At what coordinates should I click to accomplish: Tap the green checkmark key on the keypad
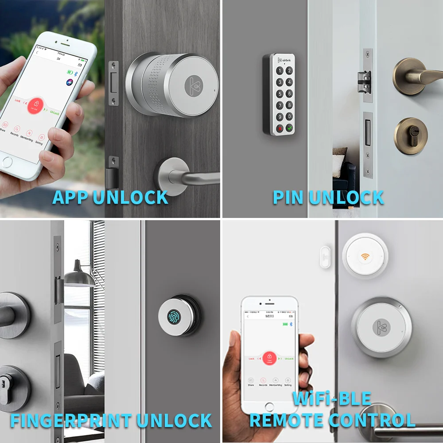(289, 128)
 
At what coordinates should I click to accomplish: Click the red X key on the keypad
(280, 129)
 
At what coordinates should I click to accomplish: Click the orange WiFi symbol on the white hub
(365, 256)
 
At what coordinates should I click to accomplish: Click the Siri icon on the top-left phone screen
(69, 82)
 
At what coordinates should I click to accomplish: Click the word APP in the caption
(70, 198)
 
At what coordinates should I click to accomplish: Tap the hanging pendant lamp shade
(79, 277)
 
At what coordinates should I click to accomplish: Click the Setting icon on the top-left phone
(41, 138)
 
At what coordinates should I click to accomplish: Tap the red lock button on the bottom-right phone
(269, 358)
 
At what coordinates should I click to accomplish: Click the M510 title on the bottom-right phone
(270, 316)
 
